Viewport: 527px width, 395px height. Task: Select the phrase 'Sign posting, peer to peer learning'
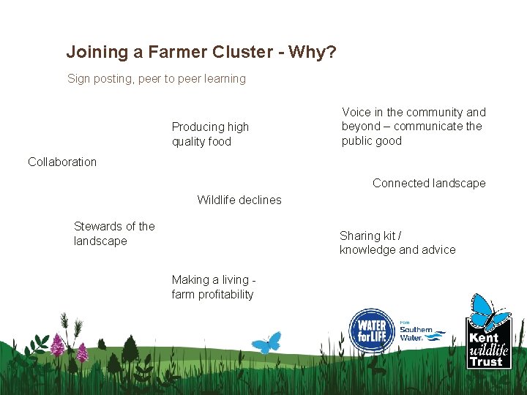tap(157, 78)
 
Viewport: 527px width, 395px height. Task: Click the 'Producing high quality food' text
tap(210, 134)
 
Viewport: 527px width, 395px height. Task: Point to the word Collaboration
tap(62, 162)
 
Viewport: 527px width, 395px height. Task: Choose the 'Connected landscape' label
tap(429, 183)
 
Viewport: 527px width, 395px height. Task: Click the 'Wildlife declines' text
tap(239, 200)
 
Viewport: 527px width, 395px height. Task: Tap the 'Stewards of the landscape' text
tap(114, 233)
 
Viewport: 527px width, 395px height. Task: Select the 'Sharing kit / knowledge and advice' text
tap(397, 243)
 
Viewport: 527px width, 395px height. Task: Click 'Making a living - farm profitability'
tap(213, 287)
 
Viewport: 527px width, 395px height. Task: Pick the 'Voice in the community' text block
tap(414, 126)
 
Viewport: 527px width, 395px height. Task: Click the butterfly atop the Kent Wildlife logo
tap(490, 311)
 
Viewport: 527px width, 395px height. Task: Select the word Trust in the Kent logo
tap(487, 361)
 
